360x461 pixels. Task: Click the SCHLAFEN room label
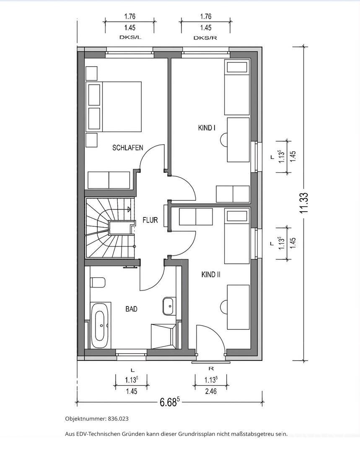128,147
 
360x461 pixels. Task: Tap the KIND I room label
207,128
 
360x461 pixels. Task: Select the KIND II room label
211,275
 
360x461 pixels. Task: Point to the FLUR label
150,220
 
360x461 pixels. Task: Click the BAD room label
131,309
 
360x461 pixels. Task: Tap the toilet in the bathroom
98,282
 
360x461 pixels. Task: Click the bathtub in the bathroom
101,325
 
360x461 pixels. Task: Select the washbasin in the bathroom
168,306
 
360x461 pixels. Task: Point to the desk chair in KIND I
224,139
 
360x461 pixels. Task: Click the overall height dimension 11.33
304,203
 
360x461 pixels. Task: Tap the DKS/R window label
205,38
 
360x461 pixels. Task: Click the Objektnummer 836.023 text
97,419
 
